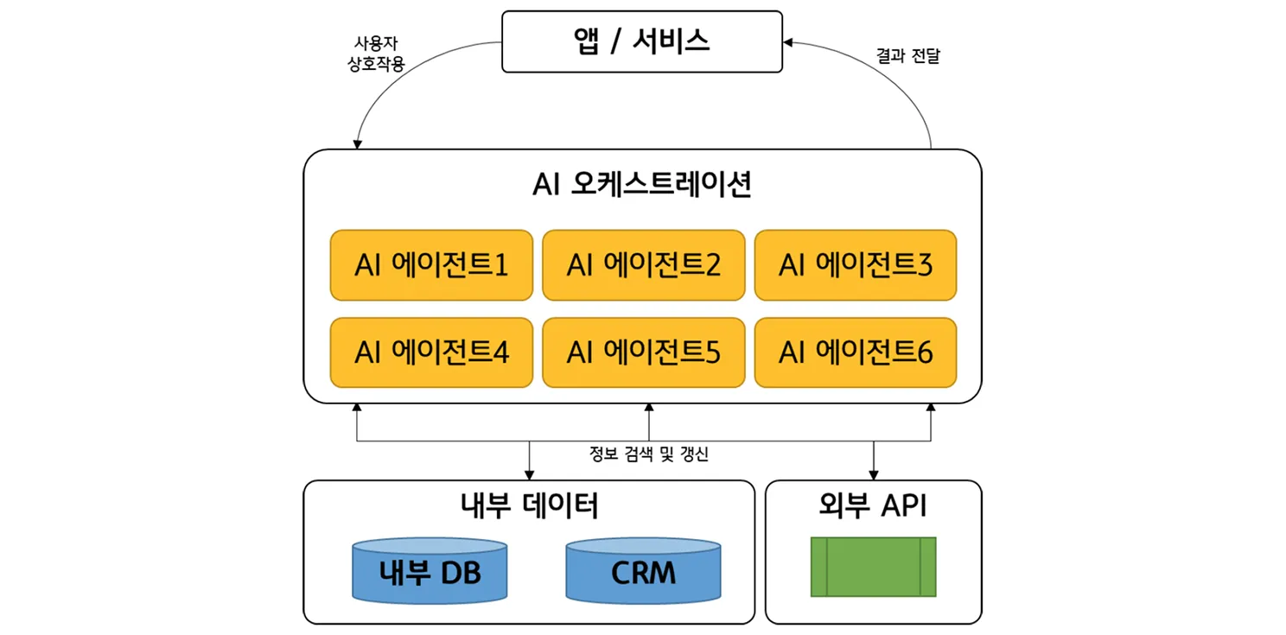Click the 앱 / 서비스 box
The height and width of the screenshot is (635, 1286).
642,41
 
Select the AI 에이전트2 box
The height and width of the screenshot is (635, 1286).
643,265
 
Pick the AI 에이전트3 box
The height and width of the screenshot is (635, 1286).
856,265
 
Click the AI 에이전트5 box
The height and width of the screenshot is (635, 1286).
643,352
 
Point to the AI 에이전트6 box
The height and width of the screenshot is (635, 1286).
856,352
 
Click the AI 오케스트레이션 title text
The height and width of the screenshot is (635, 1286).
642,186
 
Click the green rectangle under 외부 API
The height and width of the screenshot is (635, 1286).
873,567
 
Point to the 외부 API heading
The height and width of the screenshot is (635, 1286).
873,506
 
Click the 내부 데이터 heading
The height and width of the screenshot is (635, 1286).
530,506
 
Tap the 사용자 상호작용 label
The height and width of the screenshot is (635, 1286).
374,54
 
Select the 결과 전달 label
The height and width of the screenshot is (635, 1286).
907,57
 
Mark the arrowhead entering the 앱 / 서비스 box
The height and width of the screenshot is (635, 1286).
788,41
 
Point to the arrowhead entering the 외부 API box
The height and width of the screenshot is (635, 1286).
874,474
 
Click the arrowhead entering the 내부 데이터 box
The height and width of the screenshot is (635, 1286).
529,474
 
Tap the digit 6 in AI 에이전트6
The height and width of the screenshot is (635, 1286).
925,352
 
